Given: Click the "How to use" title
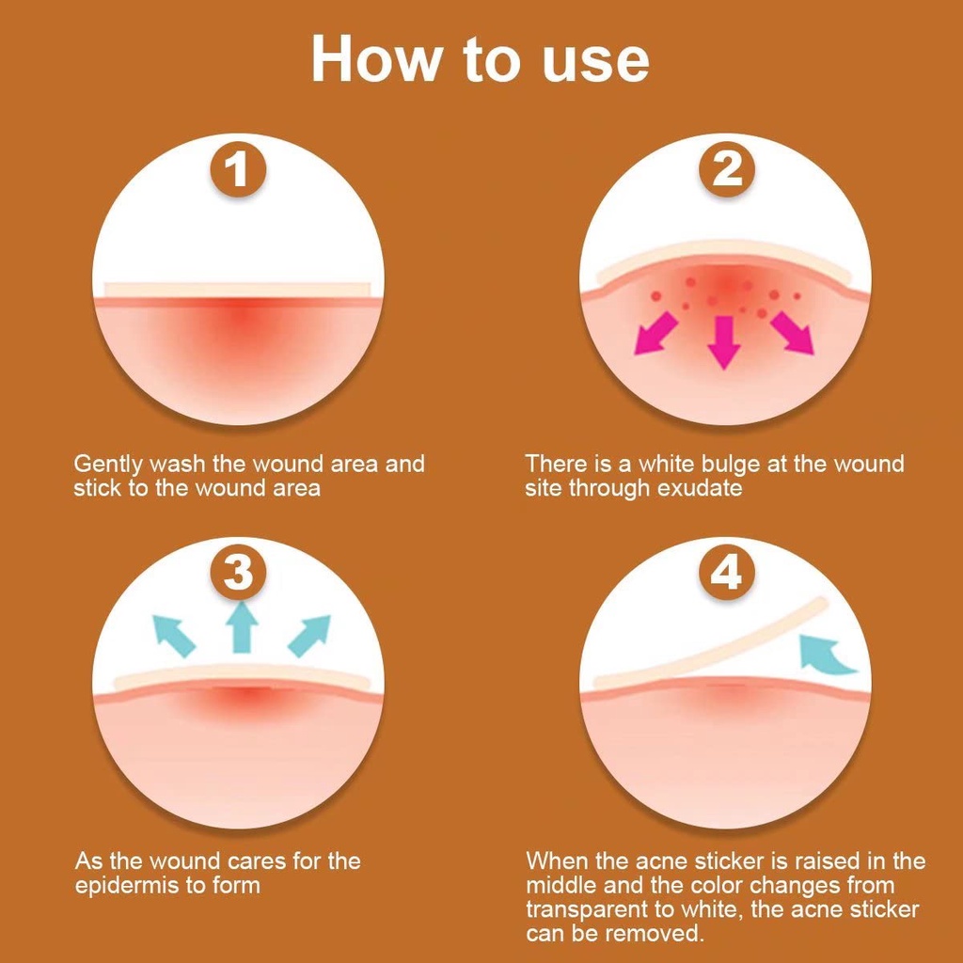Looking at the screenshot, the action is click(481, 59).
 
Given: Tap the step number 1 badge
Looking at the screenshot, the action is click(238, 169).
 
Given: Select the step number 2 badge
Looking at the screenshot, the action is click(727, 169).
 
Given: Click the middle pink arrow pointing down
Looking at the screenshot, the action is click(725, 341).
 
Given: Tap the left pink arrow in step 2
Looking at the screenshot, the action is click(655, 334).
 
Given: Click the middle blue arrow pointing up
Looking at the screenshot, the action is click(242, 626).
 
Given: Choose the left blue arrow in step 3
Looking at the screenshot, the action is click(174, 635).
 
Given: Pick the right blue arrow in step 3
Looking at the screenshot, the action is click(309, 635).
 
